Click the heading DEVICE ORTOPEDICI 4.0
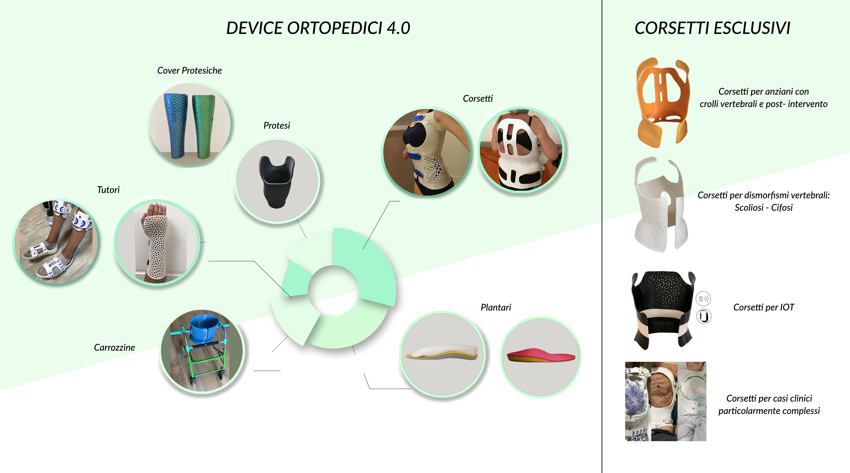tap(318, 28)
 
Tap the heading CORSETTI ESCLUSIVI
tap(712, 28)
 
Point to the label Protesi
tap(277, 126)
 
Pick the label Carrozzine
tap(114, 347)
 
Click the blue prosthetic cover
tap(176, 126)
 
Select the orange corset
tap(663, 102)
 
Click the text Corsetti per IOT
tap(764, 307)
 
